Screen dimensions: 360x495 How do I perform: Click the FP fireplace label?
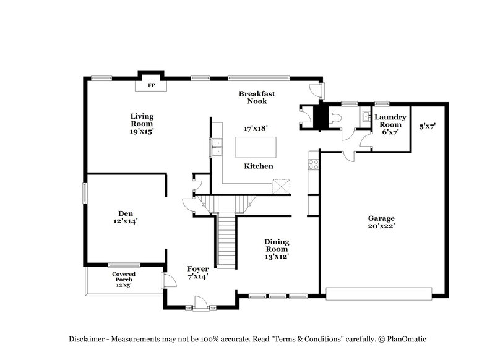tap(150, 86)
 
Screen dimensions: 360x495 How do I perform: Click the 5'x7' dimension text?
tap(428, 126)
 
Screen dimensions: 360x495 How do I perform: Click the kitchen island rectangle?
tap(257, 147)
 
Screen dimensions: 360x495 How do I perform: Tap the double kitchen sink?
tap(218, 147)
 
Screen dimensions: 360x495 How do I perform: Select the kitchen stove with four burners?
tap(313, 165)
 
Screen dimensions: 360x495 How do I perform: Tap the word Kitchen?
tap(258, 166)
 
